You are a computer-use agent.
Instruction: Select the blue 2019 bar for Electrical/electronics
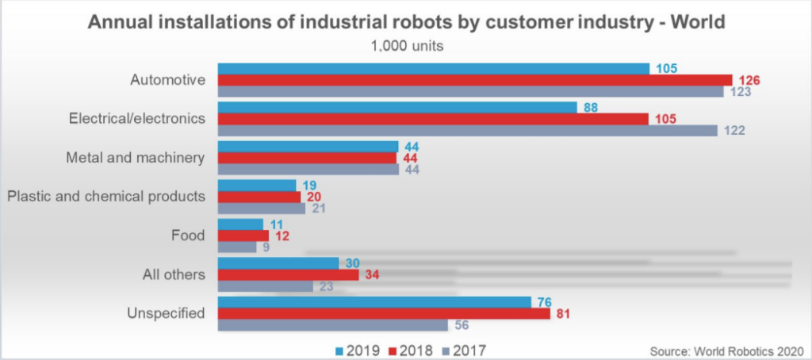[396, 107]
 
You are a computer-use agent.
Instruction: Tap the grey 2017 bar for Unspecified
[332, 325]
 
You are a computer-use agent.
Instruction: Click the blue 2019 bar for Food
[239, 224]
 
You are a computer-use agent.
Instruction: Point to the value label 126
[749, 80]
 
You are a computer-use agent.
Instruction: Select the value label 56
[463, 325]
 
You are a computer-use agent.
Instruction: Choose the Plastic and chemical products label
[105, 196]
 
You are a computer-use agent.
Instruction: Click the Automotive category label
[167, 80]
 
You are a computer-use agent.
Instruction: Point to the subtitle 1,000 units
[407, 45]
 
